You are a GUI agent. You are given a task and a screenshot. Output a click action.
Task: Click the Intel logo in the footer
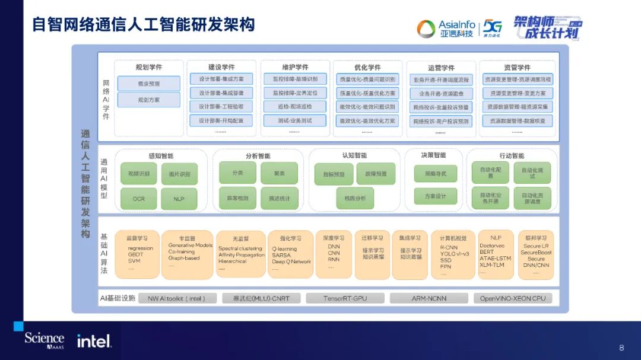(94, 341)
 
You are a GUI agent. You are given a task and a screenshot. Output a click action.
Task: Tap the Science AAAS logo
(44, 340)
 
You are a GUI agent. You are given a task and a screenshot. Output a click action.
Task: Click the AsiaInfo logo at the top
(446, 28)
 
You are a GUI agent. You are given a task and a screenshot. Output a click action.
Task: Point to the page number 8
(621, 348)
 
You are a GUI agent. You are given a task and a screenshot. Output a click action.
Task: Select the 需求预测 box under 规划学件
(148, 84)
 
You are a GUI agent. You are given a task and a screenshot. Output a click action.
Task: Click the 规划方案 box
(148, 100)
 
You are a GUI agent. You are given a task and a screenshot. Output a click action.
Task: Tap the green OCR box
(138, 199)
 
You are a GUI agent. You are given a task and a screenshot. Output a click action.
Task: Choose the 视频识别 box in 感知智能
(138, 174)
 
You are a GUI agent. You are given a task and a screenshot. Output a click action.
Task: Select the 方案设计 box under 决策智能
(435, 196)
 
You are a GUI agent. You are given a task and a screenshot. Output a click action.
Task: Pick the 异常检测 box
(237, 198)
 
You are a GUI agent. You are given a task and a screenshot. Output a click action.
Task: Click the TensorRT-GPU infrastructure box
(345, 298)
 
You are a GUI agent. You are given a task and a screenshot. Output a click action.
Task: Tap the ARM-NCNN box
(429, 298)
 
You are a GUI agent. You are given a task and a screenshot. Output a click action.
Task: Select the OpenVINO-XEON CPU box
(512, 298)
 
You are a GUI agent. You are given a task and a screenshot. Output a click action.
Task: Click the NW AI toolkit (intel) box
(176, 298)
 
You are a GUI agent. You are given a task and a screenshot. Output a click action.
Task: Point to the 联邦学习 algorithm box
(536, 254)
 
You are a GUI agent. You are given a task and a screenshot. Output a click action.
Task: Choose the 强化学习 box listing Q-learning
(291, 254)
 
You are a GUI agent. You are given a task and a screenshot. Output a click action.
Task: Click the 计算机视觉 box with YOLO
(453, 254)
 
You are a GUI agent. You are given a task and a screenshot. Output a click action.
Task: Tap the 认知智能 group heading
(354, 155)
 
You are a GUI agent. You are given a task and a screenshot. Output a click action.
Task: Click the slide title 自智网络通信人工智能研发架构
(143, 24)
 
